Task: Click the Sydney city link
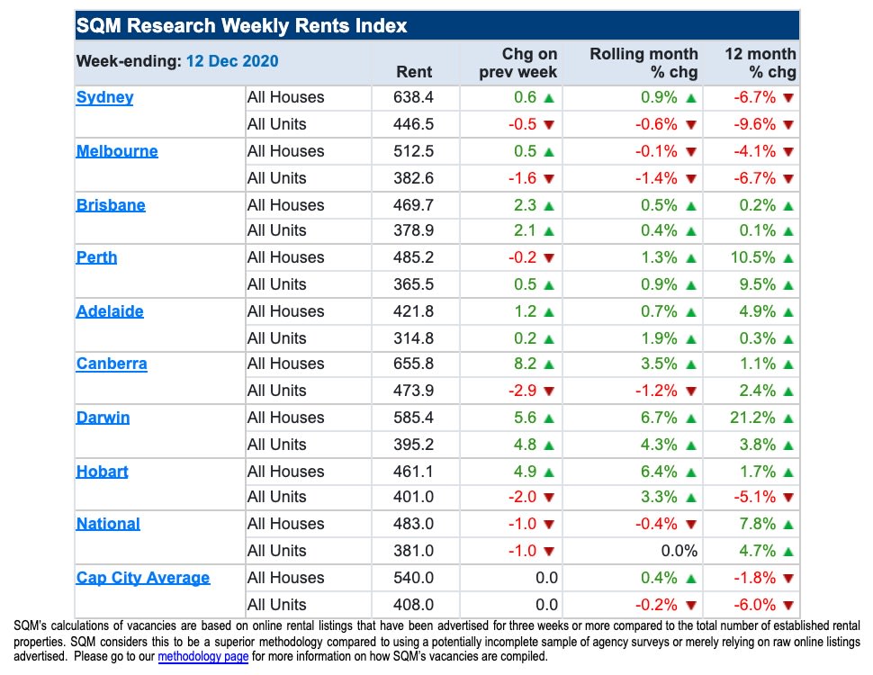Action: click(x=104, y=97)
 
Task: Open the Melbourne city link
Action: click(x=117, y=151)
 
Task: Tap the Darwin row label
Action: click(x=103, y=418)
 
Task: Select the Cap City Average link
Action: click(x=142, y=578)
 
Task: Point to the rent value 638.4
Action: click(x=414, y=97)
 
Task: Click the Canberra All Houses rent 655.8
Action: click(x=414, y=364)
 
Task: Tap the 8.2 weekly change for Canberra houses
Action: click(x=526, y=364)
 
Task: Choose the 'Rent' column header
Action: click(x=414, y=72)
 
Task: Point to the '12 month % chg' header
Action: click(x=760, y=63)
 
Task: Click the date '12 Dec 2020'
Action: click(x=232, y=61)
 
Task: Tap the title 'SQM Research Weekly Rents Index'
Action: click(x=241, y=26)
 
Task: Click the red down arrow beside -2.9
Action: click(x=549, y=391)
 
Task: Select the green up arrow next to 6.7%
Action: click(x=690, y=418)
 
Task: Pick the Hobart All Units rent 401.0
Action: click(x=414, y=498)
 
